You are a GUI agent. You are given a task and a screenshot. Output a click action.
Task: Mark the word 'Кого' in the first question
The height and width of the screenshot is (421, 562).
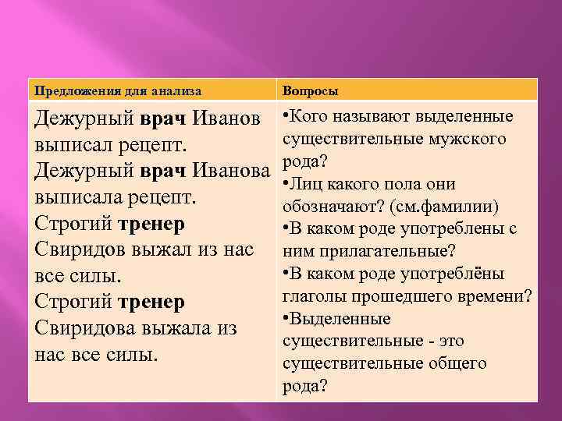[x=310, y=117]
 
